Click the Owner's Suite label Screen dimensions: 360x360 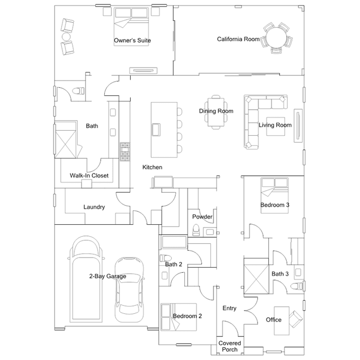132,41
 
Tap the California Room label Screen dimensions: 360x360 238,39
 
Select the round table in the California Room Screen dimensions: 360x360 277,38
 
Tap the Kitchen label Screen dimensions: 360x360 152,167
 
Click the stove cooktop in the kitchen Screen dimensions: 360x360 125,150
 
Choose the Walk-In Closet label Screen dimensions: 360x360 89,176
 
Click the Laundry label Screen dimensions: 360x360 94,207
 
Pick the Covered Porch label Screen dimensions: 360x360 229,346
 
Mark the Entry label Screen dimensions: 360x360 229,308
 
